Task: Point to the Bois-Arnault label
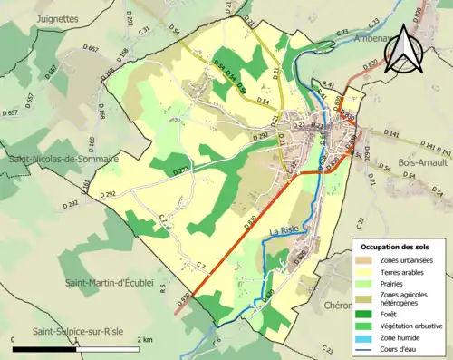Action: (x=419, y=162)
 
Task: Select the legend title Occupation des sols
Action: (x=396, y=247)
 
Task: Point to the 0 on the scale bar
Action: (x=14, y=338)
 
